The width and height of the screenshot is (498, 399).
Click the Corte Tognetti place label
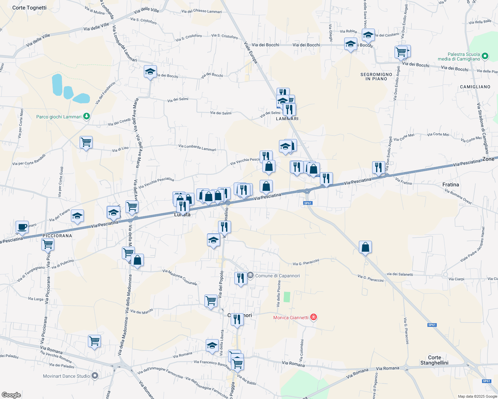point(29,8)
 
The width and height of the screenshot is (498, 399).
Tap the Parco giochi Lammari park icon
point(87,116)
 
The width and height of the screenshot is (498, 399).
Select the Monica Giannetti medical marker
point(313,317)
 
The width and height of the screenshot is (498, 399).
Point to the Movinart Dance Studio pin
point(95,376)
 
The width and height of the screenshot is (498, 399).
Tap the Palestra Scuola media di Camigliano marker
point(485,57)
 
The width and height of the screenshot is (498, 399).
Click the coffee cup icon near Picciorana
point(22,227)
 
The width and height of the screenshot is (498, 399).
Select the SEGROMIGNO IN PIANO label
point(376,77)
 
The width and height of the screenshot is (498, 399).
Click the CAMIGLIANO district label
point(475,87)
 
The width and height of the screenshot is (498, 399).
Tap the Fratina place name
point(450,185)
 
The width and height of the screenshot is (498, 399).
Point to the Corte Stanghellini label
point(434,360)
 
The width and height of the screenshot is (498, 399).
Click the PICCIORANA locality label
point(57,236)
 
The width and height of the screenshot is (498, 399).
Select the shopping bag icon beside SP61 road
point(365,247)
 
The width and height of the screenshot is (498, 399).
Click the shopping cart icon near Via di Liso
point(86,142)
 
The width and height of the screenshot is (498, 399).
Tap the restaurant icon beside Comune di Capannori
point(240,278)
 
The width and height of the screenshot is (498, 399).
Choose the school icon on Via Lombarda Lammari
point(150,71)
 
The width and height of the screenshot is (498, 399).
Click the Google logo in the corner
point(11,395)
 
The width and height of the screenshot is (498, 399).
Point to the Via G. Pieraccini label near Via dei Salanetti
point(371,278)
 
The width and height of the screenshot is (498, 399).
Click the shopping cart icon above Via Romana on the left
point(94,341)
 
